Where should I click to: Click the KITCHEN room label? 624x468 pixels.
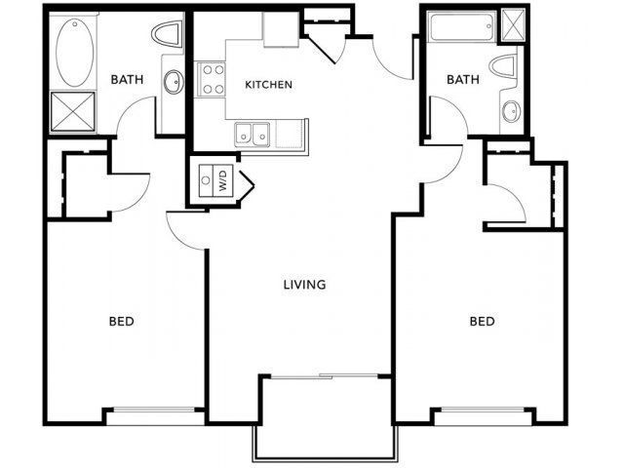tap(268, 85)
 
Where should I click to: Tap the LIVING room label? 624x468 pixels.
tap(304, 286)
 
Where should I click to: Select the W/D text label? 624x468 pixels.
tap(222, 179)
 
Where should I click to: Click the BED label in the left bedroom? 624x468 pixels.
tap(120, 321)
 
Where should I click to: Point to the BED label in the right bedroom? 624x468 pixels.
tap(482, 321)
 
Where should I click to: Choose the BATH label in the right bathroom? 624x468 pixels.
tap(463, 80)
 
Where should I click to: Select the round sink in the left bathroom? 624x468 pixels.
tap(174, 82)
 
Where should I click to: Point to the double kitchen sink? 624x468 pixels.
tap(252, 134)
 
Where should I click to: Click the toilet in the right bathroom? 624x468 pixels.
tap(506, 68)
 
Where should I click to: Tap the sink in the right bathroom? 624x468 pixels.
tap(510, 111)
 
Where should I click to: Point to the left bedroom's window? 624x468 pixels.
tap(155, 415)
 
